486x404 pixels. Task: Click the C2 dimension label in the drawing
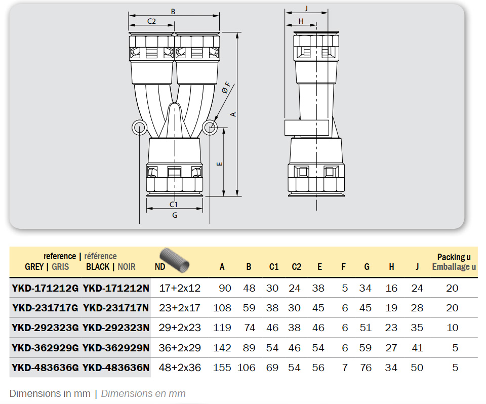(x=151, y=21)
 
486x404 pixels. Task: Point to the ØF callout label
(x=226, y=88)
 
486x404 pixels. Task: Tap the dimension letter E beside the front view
(x=219, y=164)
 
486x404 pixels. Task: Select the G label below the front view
(x=175, y=215)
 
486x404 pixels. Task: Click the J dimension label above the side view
(x=306, y=9)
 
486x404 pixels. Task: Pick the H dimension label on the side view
(x=301, y=21)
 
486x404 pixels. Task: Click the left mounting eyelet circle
(x=140, y=127)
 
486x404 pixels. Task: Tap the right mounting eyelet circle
(x=210, y=127)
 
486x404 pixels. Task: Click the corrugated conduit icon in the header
(x=175, y=260)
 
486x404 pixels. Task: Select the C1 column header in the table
(x=274, y=267)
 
